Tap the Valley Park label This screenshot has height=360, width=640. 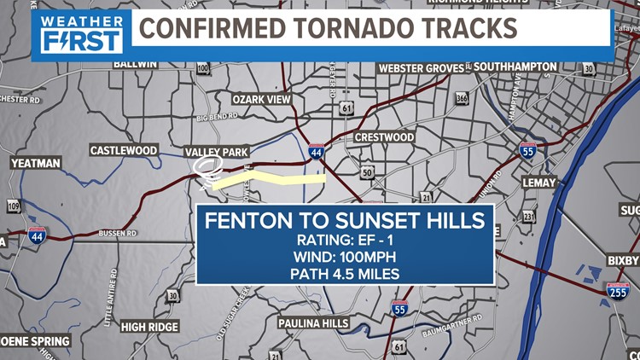tap(215, 151)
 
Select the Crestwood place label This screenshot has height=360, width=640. tap(383, 137)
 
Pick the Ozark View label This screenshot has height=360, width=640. tap(262, 100)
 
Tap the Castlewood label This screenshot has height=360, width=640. tap(124, 150)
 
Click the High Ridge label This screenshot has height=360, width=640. tap(149, 327)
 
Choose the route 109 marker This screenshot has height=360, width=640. tap(14, 206)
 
